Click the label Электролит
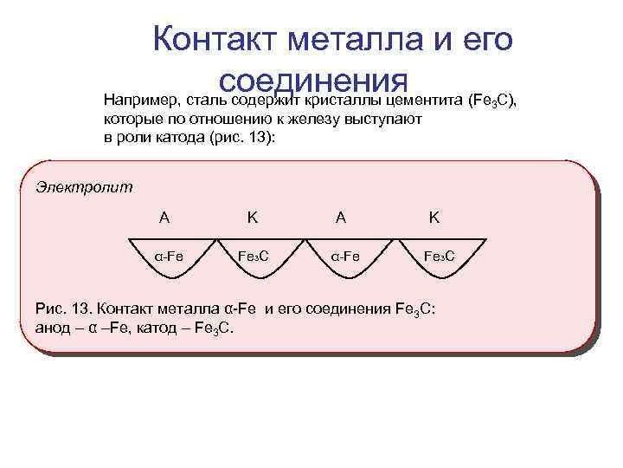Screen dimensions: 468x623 (85, 186)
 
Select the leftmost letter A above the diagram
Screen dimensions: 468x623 (164, 218)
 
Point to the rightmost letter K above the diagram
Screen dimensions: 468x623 (434, 218)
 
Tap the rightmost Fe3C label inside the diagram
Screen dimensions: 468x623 (440, 256)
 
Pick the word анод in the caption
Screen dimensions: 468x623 (53, 328)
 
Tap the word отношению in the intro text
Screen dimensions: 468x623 (207, 119)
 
